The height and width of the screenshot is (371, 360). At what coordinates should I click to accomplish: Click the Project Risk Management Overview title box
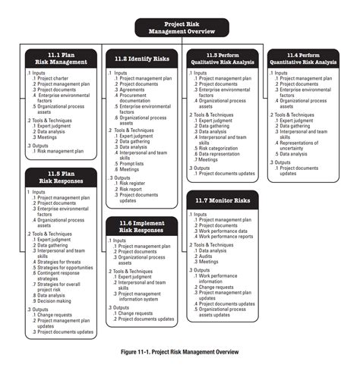click(x=180, y=27)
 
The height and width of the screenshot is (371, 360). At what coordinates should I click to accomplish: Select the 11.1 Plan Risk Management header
click(x=60, y=58)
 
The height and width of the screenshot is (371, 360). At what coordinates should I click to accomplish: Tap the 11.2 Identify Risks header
click(x=141, y=58)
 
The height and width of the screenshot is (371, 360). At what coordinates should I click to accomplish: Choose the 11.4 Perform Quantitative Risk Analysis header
click(x=308, y=58)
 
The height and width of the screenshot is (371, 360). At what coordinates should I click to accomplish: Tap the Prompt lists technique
click(x=135, y=163)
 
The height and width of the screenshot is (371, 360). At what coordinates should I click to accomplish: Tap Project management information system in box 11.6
click(x=144, y=297)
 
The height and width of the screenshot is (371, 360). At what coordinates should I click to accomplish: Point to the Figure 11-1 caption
click(x=180, y=352)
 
